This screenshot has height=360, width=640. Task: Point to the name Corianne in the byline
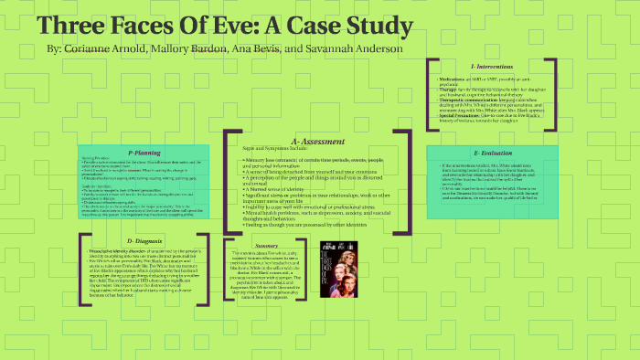coord(88,47)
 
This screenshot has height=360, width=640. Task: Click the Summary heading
coord(266,246)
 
